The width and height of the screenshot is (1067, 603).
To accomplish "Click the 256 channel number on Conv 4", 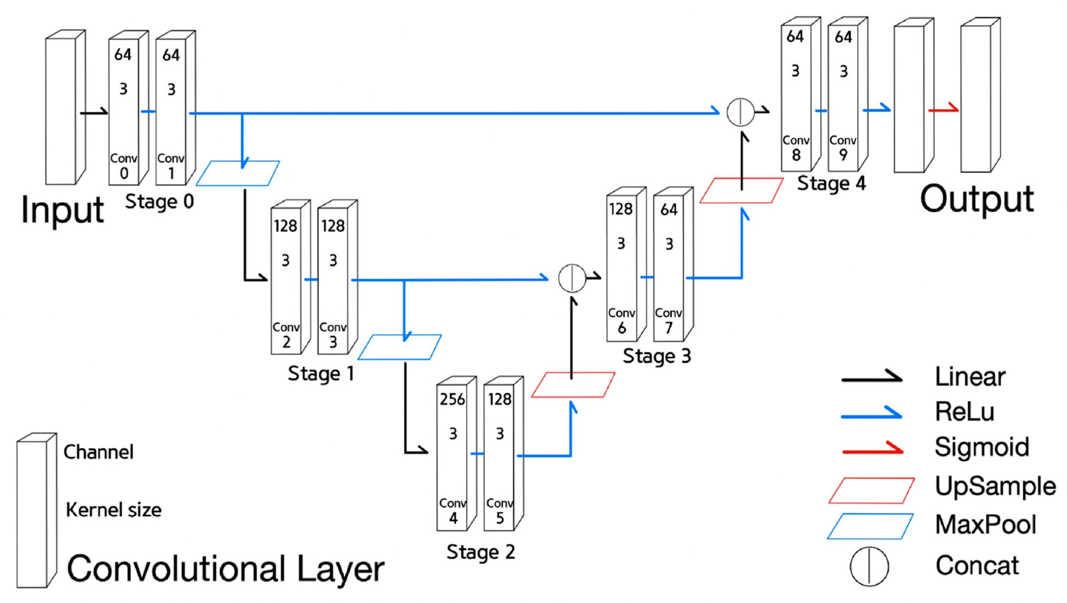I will (452, 399).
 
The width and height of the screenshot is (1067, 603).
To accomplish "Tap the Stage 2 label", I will (480, 552).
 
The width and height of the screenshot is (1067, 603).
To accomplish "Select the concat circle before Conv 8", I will (740, 112).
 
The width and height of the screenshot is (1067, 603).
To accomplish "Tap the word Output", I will (977, 199).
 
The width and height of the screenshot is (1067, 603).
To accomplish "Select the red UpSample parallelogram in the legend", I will (871, 490).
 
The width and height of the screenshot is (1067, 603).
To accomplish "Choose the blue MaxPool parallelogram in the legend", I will (870, 526).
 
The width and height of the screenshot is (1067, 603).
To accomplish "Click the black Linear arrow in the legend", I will (871, 377).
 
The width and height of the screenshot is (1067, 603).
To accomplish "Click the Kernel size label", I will (114, 510).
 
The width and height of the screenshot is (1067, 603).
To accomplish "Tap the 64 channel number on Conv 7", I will (668, 210).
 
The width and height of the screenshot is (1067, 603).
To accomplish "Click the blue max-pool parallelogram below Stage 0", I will (238, 174).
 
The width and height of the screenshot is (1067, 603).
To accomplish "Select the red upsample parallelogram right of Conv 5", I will (573, 385).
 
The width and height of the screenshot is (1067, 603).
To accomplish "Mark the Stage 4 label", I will (831, 183).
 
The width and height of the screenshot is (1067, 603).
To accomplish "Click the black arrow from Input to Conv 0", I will (94, 112).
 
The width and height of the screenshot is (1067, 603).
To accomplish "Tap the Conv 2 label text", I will (286, 335).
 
